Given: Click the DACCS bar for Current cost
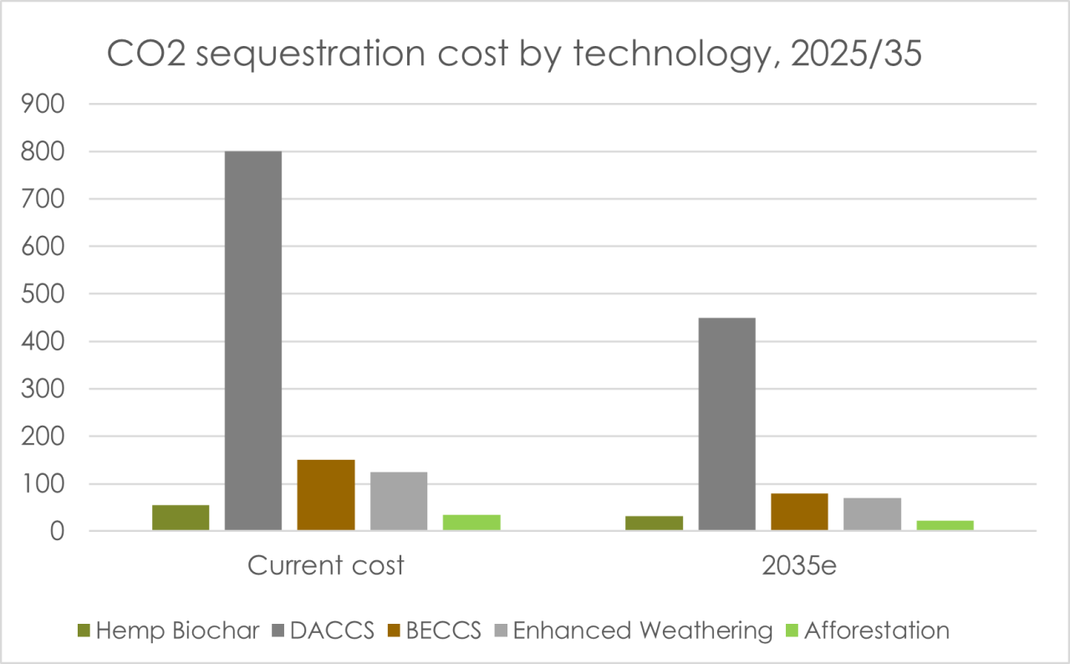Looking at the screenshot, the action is pyautogui.click(x=253, y=340).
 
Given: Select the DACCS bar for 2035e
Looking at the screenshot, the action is pyautogui.click(x=727, y=424).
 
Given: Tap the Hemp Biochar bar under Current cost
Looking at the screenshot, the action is pyautogui.click(x=181, y=518).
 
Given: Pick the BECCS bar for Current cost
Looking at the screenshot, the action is pyautogui.click(x=326, y=495).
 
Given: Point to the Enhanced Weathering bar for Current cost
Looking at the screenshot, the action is pyautogui.click(x=399, y=501).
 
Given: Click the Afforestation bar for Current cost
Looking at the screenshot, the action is pyautogui.click(x=472, y=523).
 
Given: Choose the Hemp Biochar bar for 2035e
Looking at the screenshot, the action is pyautogui.click(x=655, y=523).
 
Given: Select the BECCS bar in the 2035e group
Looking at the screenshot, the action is pyautogui.click(x=800, y=512).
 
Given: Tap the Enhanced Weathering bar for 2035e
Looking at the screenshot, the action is pyautogui.click(x=872, y=514).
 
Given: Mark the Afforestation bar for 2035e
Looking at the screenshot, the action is pyautogui.click(x=945, y=525).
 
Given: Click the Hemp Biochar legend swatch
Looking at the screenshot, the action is pyautogui.click(x=84, y=631).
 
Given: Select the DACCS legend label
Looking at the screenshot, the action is pyautogui.click(x=332, y=631).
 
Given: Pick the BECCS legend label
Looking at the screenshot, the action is pyautogui.click(x=443, y=631).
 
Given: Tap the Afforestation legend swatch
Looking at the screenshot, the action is pyautogui.click(x=792, y=631).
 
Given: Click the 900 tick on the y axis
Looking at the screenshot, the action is pyautogui.click(x=43, y=104).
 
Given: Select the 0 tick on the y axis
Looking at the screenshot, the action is pyautogui.click(x=58, y=531).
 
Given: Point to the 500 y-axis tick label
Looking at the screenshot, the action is pyautogui.click(x=43, y=294).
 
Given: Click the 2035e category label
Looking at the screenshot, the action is pyautogui.click(x=799, y=565).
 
